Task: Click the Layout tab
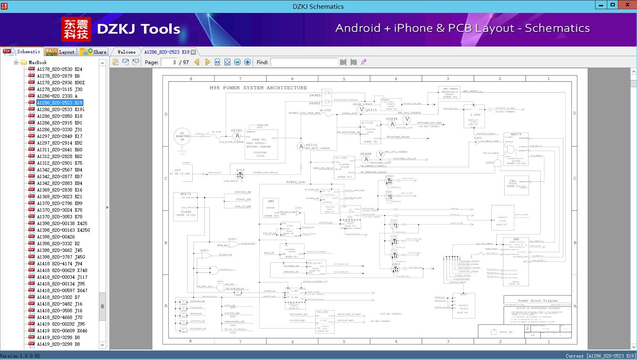tap(60, 52)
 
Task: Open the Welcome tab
tap(126, 52)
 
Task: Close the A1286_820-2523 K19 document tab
tap(193, 52)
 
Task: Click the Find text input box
tap(304, 62)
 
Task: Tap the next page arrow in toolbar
tap(208, 62)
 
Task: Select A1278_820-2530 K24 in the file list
tap(59, 69)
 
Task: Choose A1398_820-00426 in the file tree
tap(56, 237)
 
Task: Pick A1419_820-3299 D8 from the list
tap(58, 344)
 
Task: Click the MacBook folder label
tap(37, 62)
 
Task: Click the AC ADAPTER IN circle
tap(182, 136)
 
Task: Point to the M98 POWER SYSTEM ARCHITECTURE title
tap(258, 88)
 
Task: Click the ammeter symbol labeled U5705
tap(237, 136)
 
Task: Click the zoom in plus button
tap(248, 62)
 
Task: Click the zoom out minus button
tap(237, 62)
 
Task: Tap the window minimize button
tap(601, 5)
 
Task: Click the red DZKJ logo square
tap(76, 29)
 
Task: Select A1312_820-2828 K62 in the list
tap(59, 156)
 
